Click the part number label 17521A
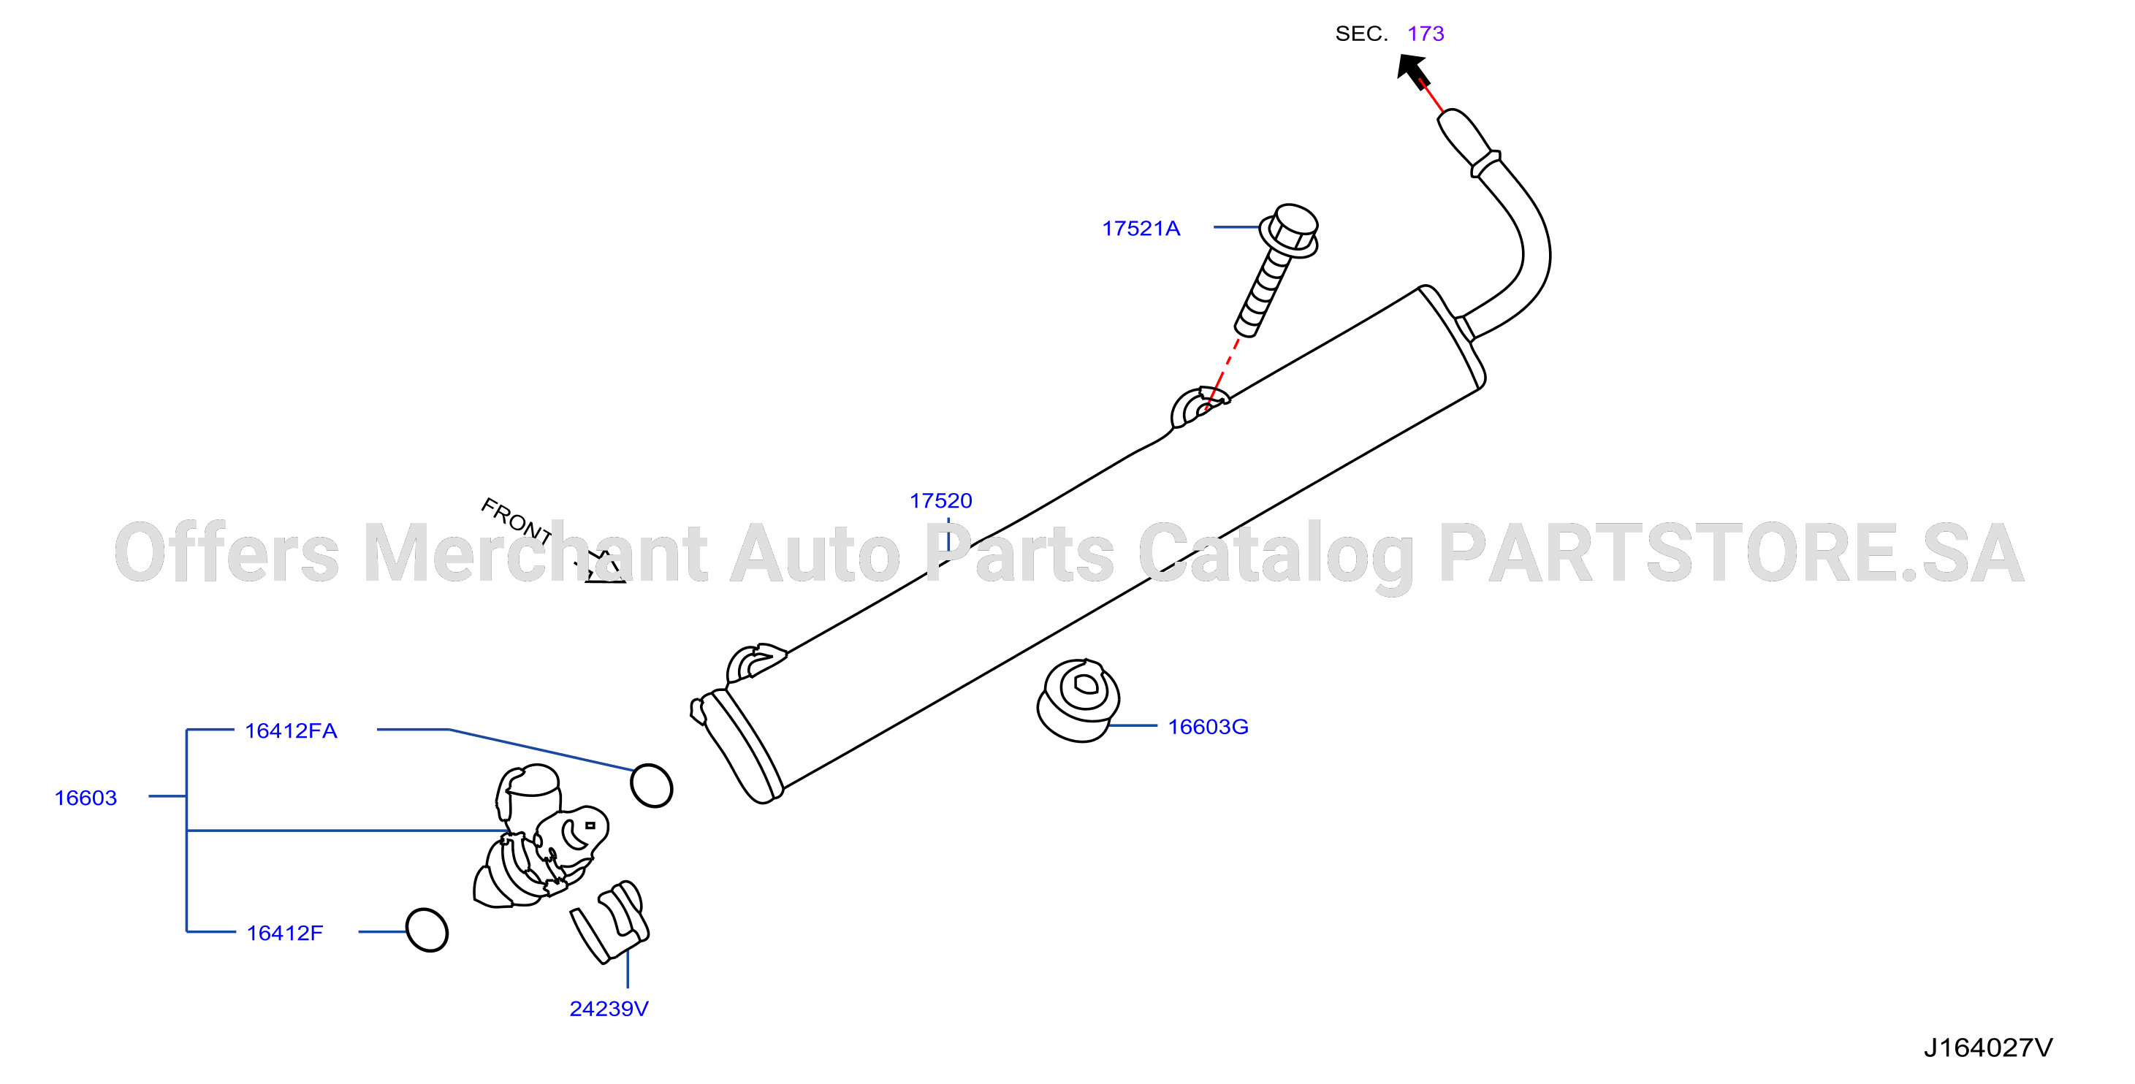click(x=1141, y=228)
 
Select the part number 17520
click(x=940, y=500)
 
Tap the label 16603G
click(x=1208, y=727)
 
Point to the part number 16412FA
click(x=291, y=731)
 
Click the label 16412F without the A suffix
click(x=284, y=934)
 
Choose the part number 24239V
click(x=609, y=1009)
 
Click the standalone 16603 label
click(x=85, y=798)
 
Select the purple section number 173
click(x=1426, y=34)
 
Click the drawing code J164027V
click(x=1988, y=1048)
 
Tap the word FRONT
click(x=517, y=522)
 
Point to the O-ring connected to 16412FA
click(x=652, y=786)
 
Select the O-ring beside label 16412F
click(x=427, y=930)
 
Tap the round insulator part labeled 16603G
click(x=1078, y=701)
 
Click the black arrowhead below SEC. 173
click(x=1412, y=69)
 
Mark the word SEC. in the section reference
click(x=1361, y=34)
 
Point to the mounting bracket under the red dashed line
click(x=1198, y=406)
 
